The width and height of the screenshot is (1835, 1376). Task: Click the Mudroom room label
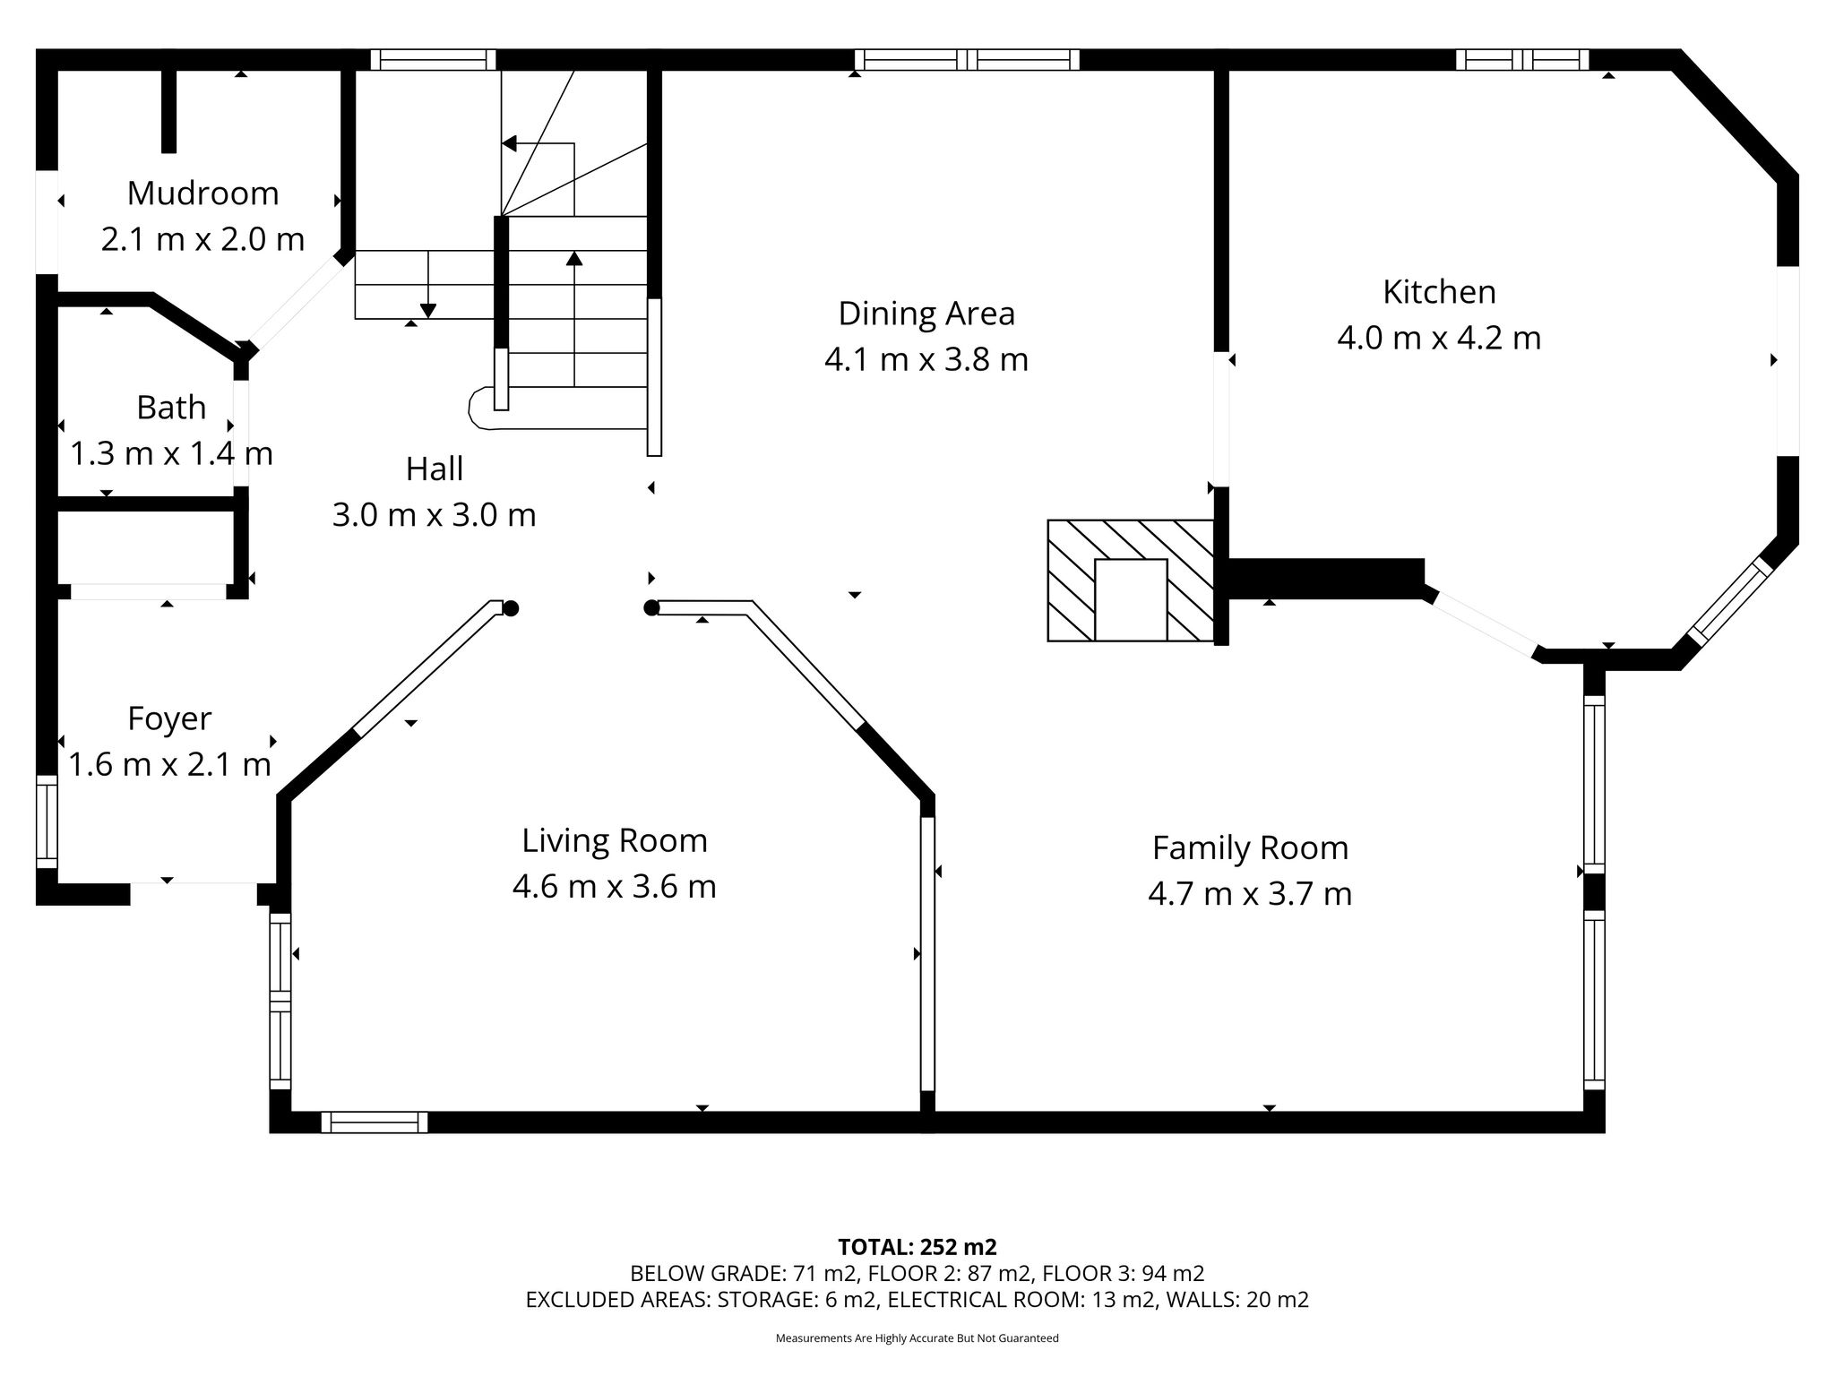click(x=203, y=193)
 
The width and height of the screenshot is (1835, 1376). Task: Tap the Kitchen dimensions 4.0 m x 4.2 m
click(x=1439, y=339)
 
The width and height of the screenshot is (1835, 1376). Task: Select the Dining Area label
click(x=926, y=314)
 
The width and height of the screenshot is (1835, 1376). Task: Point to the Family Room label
click(x=1250, y=848)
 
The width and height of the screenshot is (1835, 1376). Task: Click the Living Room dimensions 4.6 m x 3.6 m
click(x=614, y=887)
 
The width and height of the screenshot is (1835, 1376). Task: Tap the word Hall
click(x=435, y=469)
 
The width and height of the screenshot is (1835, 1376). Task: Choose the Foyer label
click(x=169, y=719)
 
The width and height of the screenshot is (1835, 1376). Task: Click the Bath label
click(x=171, y=408)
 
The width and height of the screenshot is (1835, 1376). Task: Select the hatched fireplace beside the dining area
click(x=1131, y=580)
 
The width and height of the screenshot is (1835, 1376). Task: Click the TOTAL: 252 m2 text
click(x=917, y=1247)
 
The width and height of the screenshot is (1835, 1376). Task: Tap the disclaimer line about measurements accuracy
click(x=917, y=1338)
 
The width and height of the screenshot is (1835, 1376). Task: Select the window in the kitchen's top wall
click(x=1521, y=60)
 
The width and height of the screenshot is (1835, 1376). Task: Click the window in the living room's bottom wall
click(x=375, y=1122)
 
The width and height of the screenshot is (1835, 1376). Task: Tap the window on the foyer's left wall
click(x=47, y=822)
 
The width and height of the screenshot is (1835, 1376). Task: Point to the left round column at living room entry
click(x=511, y=609)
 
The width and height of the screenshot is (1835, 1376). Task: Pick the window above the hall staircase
click(x=433, y=60)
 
